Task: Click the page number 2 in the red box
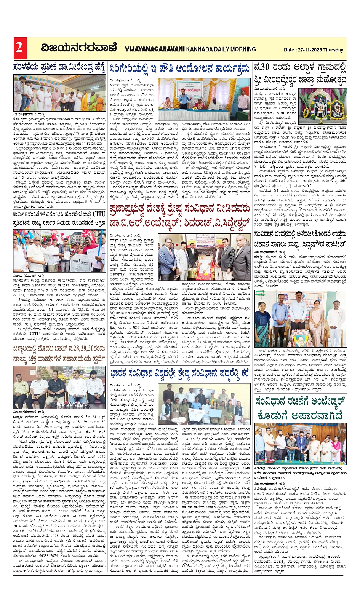click(x=19, y=48)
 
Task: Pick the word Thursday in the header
click(x=333, y=50)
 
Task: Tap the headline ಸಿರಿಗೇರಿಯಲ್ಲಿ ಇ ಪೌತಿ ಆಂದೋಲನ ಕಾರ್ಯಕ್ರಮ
click(x=180, y=69)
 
